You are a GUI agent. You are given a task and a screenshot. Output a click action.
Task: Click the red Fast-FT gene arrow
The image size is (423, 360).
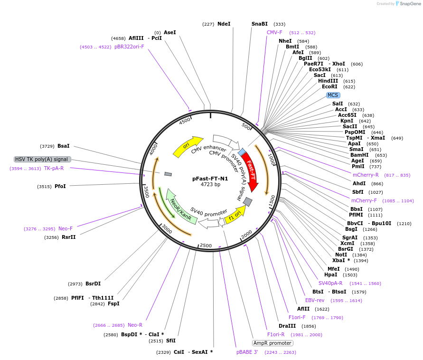coord(249,171)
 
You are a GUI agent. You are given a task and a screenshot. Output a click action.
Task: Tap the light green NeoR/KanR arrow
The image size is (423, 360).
coord(180,209)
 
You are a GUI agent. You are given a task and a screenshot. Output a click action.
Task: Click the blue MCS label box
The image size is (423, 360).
coord(333,95)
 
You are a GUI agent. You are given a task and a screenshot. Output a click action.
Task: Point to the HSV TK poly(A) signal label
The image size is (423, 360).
coord(42,159)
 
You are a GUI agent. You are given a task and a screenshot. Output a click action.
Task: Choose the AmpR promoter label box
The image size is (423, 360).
coord(272,343)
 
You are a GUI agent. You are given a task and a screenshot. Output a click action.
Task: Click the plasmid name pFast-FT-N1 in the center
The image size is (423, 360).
coord(210,179)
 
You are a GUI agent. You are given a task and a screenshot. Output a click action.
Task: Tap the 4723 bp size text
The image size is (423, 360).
coord(210,185)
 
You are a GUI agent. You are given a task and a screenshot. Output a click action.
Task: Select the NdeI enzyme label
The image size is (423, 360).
coord(224,24)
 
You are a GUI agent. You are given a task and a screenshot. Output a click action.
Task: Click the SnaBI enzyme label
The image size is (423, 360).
coord(260,24)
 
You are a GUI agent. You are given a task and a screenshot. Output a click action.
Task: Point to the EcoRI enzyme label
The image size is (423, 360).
coord(329,87)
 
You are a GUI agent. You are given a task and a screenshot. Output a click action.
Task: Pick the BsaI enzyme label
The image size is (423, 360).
coord(64,146)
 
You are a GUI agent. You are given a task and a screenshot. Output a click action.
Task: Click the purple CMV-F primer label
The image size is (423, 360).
coord(274,32)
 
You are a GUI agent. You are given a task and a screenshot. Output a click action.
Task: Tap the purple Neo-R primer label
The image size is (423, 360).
coord(135,325)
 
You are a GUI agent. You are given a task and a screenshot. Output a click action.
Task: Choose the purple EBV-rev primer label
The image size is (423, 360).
coord(314,300)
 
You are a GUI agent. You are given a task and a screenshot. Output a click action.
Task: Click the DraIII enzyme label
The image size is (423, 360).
coord(287,326)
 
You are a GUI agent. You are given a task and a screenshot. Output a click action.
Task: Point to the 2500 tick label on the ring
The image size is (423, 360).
coord(206,246)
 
